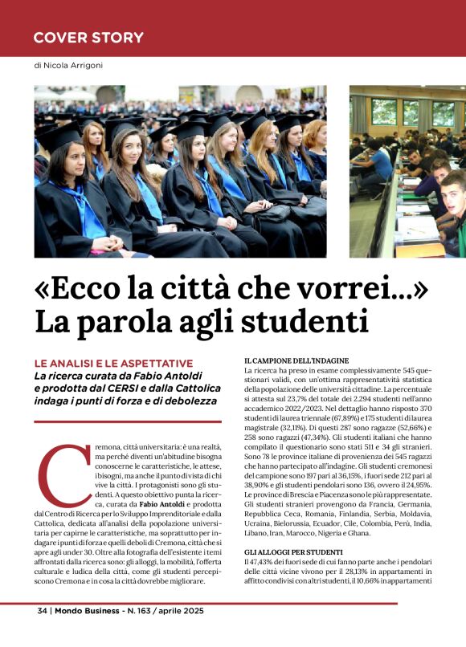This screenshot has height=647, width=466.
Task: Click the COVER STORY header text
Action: pyautogui.click(x=88, y=38)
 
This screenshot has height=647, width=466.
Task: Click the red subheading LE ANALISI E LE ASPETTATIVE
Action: pyautogui.click(x=112, y=364)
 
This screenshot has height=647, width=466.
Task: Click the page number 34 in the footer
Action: pyautogui.click(x=43, y=611)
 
